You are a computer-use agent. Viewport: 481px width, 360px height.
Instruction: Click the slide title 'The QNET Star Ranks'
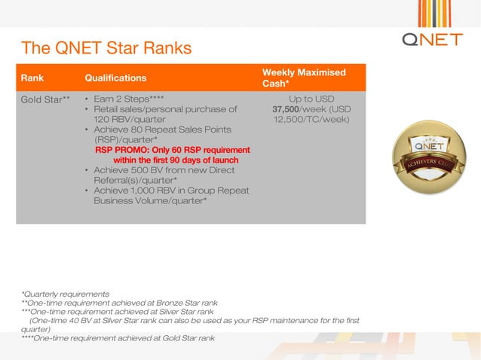point(106,48)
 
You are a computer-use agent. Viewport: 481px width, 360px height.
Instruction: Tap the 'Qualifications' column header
point(115,78)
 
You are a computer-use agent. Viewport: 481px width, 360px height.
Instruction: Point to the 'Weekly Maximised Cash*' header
point(304,78)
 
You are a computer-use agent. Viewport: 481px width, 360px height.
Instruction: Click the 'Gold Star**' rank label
point(45,99)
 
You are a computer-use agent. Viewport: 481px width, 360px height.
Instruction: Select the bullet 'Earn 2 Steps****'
point(128,99)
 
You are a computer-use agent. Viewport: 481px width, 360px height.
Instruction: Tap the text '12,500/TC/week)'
point(311,119)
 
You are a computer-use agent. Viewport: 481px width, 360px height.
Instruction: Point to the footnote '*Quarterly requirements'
point(65,294)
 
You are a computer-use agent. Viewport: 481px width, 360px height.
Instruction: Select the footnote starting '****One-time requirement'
point(118,337)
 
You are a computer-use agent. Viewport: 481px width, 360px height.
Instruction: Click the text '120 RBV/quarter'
point(129,119)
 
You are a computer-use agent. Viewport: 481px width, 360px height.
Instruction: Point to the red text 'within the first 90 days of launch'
point(176,160)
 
